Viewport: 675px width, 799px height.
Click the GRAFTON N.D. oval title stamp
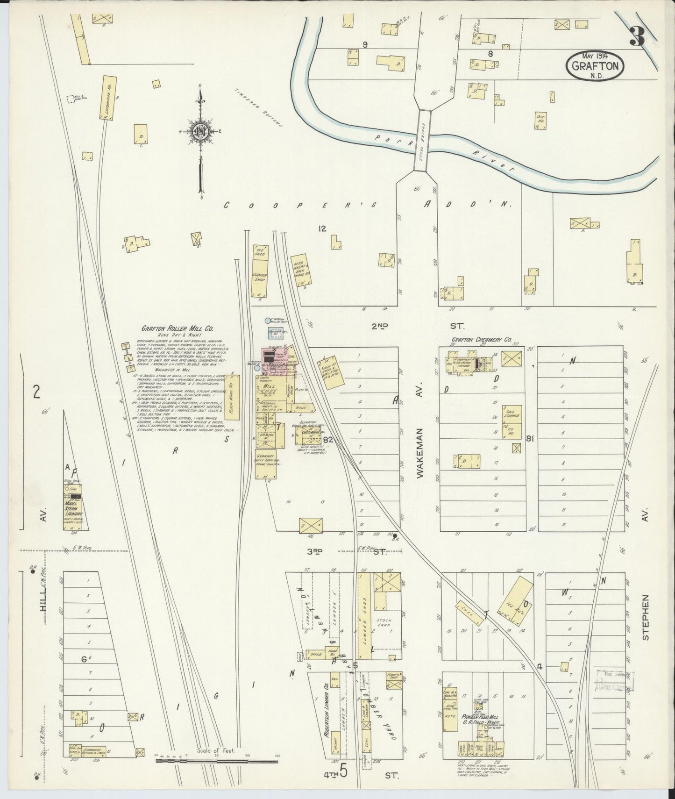(596, 65)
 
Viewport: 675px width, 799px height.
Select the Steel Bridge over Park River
(424, 140)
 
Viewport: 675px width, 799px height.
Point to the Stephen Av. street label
(646, 617)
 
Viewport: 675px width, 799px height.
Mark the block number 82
(327, 440)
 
